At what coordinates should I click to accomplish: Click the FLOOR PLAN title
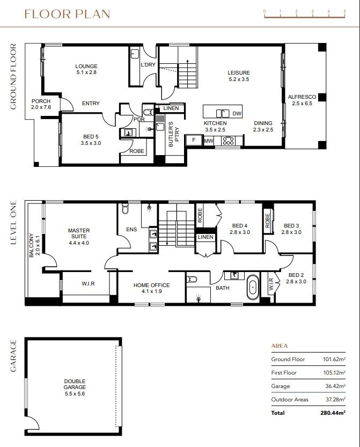pos(67,14)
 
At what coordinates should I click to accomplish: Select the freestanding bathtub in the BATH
pos(253,287)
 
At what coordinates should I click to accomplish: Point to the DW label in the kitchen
pos(237,113)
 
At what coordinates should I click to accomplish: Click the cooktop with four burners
pos(229,141)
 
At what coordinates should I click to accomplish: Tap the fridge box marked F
pos(194,140)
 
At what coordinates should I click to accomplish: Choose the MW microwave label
pos(209,141)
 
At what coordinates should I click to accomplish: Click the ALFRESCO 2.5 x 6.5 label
pos(302,100)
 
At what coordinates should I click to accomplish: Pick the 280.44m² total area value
pos(333,413)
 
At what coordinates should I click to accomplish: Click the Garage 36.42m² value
pos(335,386)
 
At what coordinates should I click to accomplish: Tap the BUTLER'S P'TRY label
pos(174,134)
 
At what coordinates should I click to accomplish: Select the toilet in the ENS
pos(125,208)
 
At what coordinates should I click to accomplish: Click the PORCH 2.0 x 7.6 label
pos(41,104)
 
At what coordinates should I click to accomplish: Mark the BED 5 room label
pos(91,140)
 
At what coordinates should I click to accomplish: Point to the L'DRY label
pos(148,65)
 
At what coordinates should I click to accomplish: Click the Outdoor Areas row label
pos(290,399)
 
